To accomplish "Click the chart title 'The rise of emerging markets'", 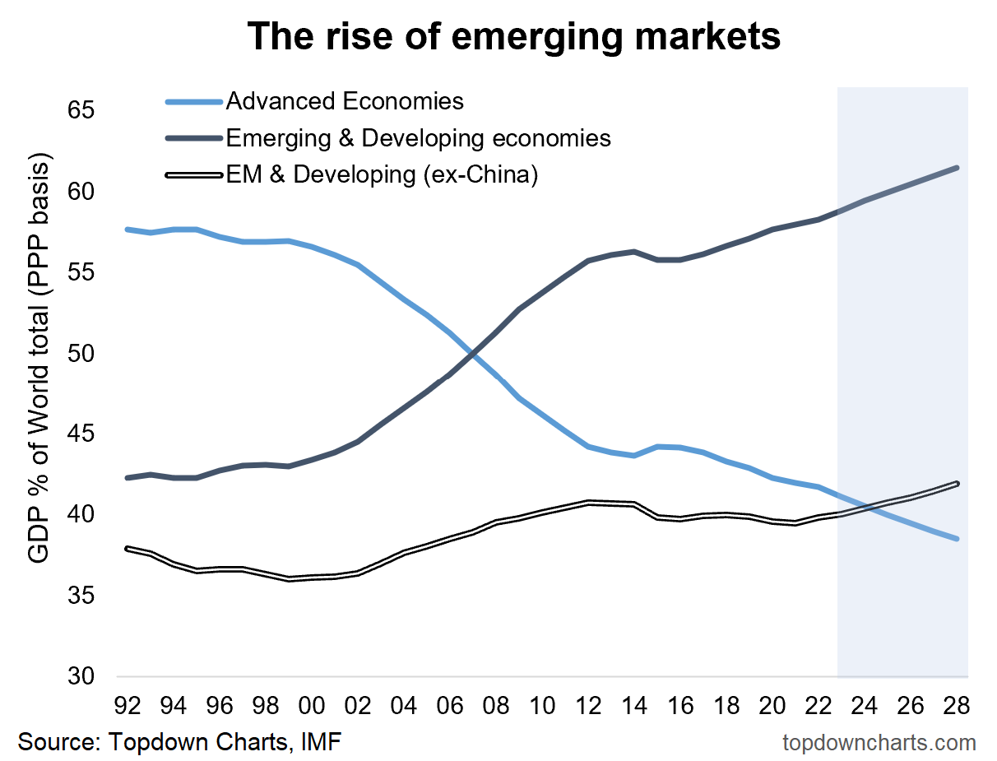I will tap(513, 37).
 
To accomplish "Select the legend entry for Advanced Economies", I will tap(344, 101).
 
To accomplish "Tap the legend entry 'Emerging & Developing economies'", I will tap(418, 137).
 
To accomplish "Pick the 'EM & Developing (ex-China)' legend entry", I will tap(381, 174).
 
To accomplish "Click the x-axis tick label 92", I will tap(128, 706).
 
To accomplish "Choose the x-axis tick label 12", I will tap(588, 706).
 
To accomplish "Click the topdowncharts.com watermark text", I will tap(879, 742).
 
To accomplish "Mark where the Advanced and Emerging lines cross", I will tap(471, 353).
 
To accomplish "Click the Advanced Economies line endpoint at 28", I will tap(958, 539).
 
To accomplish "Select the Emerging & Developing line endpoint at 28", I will tap(958, 168).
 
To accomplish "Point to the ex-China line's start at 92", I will tap(128, 548).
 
